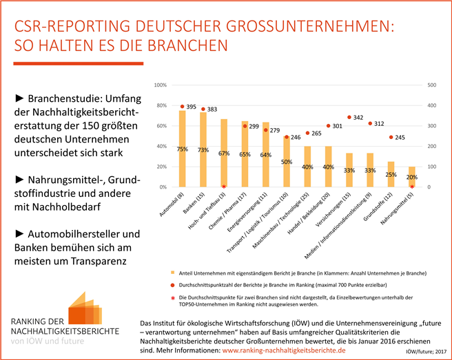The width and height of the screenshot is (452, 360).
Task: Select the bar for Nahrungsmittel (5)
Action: coord(412,177)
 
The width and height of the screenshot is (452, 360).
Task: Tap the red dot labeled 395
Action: coord(182,107)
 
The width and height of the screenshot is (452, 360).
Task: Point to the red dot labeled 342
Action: coord(349,117)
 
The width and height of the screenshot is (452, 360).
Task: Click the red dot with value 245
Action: coord(391,137)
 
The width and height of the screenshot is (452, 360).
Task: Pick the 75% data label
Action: coord(183,149)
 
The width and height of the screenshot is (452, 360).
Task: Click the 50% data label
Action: coord(287,162)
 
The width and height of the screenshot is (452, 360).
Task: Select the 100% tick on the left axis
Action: coord(160,85)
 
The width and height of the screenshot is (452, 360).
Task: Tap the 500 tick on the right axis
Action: coord(432,85)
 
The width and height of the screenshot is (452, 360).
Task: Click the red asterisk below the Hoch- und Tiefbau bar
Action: coord(224,187)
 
